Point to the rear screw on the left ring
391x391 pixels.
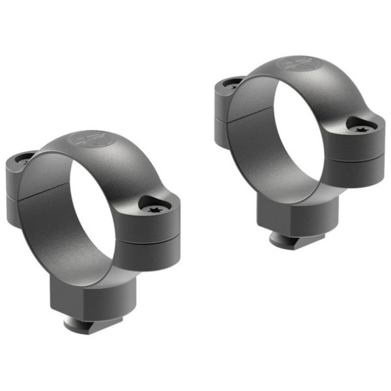click(x=25, y=158)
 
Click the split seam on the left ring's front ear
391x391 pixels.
click(x=156, y=233)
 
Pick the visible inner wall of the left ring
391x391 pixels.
click(x=49, y=222)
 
